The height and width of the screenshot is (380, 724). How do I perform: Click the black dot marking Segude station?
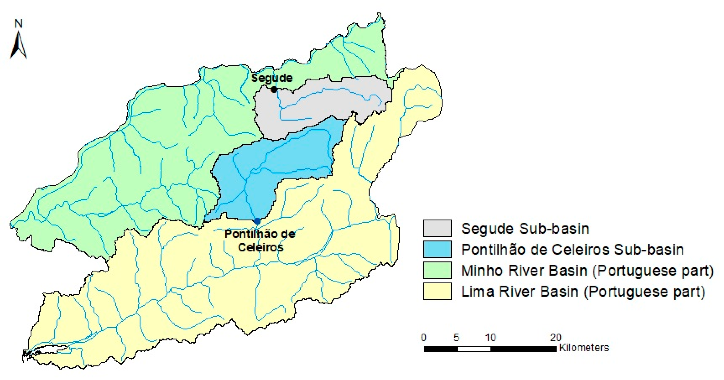tap(274, 90)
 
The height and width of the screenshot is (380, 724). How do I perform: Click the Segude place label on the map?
tap(272, 78)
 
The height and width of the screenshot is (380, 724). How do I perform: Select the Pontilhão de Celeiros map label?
tap(260, 240)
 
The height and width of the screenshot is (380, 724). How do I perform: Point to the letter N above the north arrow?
tap(18, 24)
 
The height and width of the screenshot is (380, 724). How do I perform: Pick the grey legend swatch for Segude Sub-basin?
tap(437, 228)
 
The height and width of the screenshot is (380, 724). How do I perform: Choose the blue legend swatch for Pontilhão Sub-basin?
tap(437, 249)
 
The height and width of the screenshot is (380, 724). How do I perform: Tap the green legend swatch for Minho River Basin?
tap(437, 270)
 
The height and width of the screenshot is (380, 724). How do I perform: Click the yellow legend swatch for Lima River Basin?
tap(437, 291)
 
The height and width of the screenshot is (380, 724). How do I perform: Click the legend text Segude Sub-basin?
tap(525, 229)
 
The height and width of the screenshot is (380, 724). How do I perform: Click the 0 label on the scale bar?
tap(424, 337)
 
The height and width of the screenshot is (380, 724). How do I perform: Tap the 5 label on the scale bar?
tap(456, 337)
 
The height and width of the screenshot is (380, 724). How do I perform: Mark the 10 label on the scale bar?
tap(491, 337)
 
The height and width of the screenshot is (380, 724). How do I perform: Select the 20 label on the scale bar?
tap(555, 337)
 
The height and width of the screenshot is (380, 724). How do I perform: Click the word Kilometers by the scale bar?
tap(584, 348)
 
